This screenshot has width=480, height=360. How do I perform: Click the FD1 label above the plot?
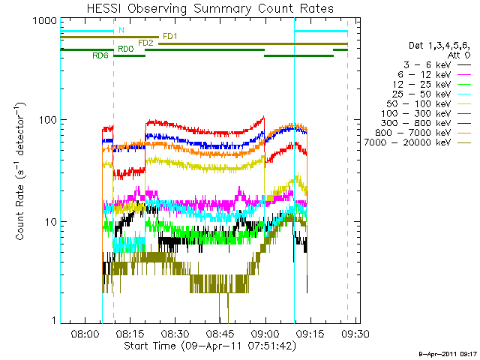pyautogui.click(x=169, y=36)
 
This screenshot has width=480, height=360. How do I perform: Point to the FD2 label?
pyautogui.click(x=145, y=43)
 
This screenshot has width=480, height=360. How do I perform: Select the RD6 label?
pyautogui.click(x=100, y=55)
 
